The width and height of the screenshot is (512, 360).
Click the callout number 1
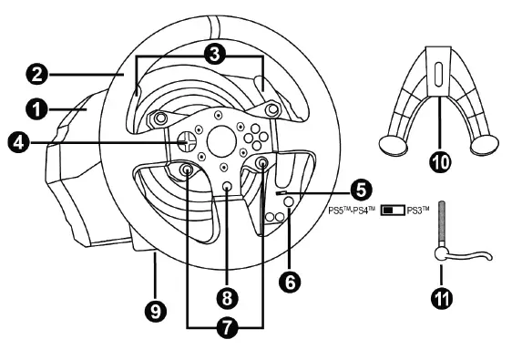pyautogui.click(x=36, y=109)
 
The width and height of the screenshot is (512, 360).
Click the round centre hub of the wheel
pyautogui.click(x=220, y=142)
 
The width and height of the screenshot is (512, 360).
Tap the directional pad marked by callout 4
pyautogui.click(x=186, y=142)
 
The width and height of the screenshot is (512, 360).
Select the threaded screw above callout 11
pyautogui.click(x=440, y=227)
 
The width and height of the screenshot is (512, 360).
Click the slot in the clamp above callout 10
pyautogui.click(x=437, y=74)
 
